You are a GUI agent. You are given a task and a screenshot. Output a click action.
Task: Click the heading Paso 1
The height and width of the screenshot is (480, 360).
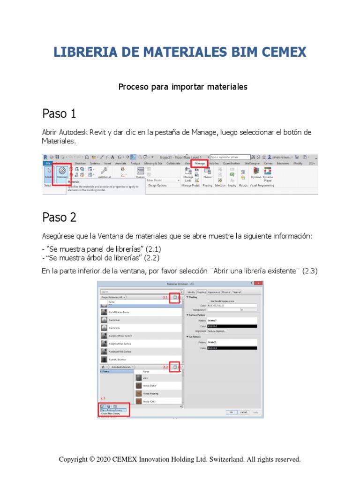pyautogui.click(x=59, y=114)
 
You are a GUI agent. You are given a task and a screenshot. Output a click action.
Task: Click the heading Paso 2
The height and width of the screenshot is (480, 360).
pyautogui.click(x=59, y=217)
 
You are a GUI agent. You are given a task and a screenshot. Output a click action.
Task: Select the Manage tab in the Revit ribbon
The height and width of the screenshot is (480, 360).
pyautogui.click(x=200, y=164)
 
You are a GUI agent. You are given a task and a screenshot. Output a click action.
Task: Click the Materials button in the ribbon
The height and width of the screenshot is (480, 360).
pyautogui.click(x=61, y=173)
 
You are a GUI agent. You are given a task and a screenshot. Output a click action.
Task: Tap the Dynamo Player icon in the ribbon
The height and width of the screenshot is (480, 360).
pyautogui.click(x=268, y=172)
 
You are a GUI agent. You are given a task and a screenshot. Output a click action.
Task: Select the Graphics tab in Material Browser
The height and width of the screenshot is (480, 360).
pyautogui.click(x=201, y=292)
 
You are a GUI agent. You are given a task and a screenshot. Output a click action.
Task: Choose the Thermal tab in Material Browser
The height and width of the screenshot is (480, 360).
pyautogui.click(x=236, y=292)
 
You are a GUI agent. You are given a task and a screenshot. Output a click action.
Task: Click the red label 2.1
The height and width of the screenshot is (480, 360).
pyautogui.click(x=165, y=298)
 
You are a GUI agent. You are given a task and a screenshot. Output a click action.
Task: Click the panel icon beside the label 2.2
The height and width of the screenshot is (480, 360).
pyautogui.click(x=175, y=367)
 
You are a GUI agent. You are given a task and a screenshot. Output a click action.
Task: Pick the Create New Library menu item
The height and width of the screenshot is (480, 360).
pyautogui.click(x=111, y=414)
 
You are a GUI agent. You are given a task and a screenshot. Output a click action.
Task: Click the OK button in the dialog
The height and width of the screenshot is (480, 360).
pyautogui.click(x=231, y=412)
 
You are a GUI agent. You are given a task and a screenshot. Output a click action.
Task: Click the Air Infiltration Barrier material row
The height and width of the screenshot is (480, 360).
pyautogui.click(x=119, y=311)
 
